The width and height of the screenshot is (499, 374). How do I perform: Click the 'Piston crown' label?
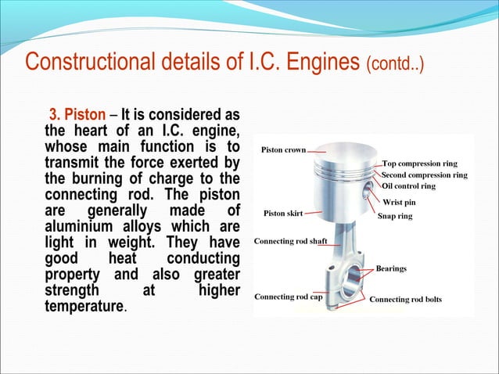[x=282, y=149]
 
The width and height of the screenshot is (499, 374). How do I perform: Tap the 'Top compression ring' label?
[x=420, y=164]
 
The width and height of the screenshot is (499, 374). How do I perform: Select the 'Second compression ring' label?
[x=424, y=175]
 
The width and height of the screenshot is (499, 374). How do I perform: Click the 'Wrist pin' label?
[x=399, y=202]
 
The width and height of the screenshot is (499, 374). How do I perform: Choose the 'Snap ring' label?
[x=395, y=215]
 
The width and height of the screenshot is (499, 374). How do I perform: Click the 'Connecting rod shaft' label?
[x=290, y=241]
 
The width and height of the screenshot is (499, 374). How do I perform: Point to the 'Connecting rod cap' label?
[x=289, y=297]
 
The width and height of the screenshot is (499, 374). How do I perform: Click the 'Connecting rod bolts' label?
[x=405, y=299]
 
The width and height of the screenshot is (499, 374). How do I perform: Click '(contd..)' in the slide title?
[x=395, y=62]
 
